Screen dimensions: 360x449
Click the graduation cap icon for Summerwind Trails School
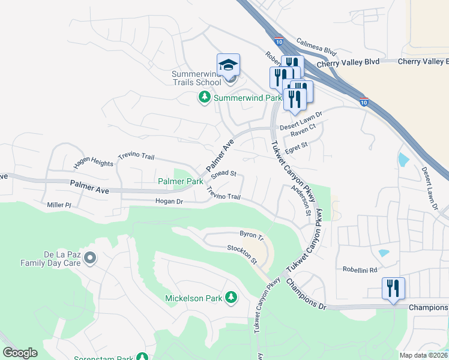point(228,64)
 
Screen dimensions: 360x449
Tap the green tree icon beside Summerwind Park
point(205,97)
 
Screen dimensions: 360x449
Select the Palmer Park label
point(180,181)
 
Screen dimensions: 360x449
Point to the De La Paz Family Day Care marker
point(90,258)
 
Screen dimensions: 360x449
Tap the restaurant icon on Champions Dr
point(393,289)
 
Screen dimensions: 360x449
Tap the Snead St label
point(224,175)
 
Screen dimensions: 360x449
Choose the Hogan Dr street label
point(169,202)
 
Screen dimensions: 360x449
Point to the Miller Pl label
point(59,205)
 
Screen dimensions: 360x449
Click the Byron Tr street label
point(252,234)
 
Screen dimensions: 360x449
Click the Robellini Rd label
point(361,270)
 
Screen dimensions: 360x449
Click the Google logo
point(20,353)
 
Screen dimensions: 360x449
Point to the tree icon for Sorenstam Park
point(142,357)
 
